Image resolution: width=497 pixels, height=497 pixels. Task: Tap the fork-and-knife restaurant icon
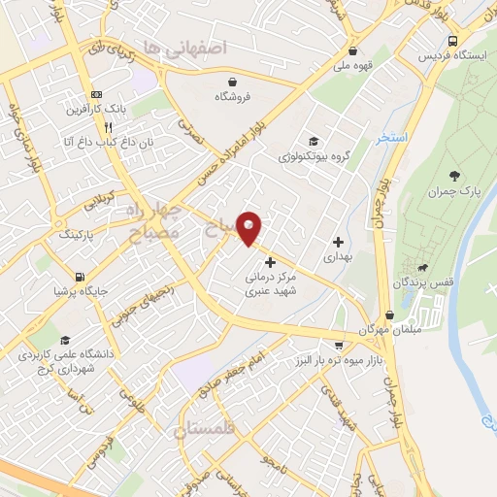(109, 127)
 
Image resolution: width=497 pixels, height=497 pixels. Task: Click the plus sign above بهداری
(338, 242)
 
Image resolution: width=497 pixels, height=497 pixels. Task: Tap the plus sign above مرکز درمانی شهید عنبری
(270, 262)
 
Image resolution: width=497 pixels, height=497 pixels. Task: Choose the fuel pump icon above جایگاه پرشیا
(79, 275)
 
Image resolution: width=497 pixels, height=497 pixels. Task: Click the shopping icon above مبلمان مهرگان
(389, 315)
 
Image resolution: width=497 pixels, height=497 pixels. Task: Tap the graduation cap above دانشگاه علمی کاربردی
(65, 341)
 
